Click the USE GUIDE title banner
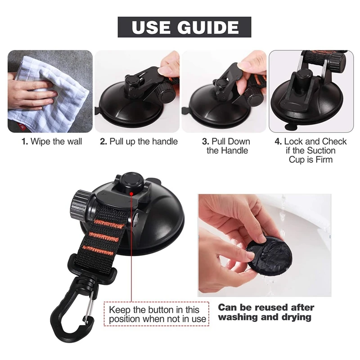coord(184,27)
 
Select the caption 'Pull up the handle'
coord(139,142)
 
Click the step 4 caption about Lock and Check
coord(310,150)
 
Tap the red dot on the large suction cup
coord(130,193)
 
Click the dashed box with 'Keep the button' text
coord(157,314)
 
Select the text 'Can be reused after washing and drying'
coord(265,312)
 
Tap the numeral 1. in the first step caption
coord(25,142)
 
